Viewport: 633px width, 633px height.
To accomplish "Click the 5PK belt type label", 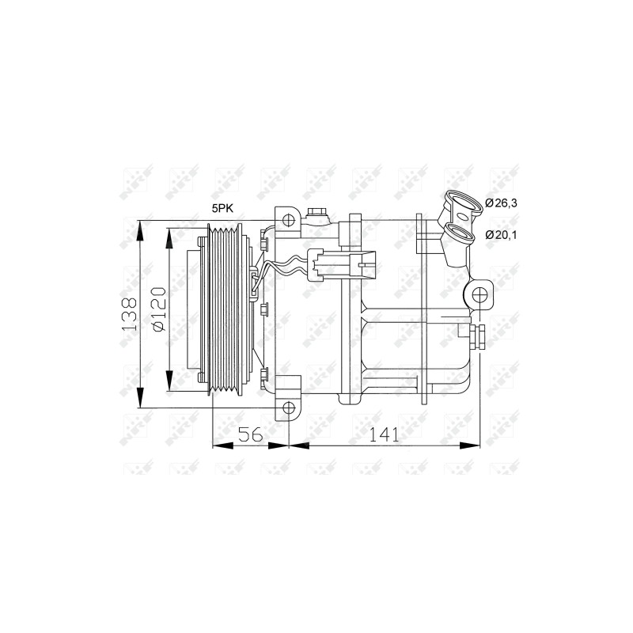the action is click(x=223, y=208).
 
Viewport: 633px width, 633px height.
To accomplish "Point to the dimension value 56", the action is click(x=250, y=434).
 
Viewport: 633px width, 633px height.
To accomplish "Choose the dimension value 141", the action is click(x=385, y=434).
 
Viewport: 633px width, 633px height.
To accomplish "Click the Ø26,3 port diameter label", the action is click(x=502, y=203).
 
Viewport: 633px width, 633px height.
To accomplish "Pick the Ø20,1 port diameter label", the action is click(x=502, y=234).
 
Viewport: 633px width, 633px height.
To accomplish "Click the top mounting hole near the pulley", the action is click(x=289, y=220).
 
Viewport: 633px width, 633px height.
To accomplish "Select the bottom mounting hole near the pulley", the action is click(x=289, y=407).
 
